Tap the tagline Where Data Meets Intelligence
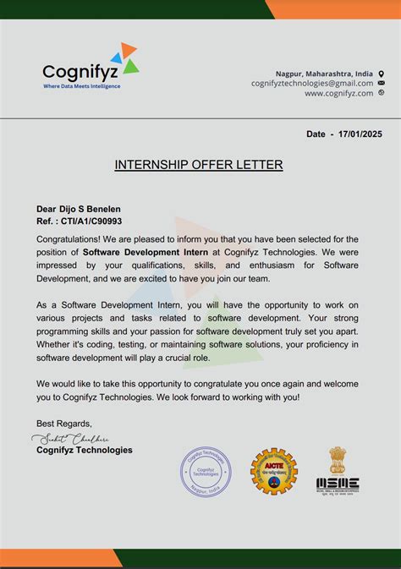[82, 86]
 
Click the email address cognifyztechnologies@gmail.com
[312, 83]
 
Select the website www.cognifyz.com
[338, 93]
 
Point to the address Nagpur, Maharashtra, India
[324, 74]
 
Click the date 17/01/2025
[360, 134]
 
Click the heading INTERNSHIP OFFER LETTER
[199, 164]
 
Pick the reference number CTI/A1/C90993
[91, 220]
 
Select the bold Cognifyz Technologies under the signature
[85, 450]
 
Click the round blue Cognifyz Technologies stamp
[206, 473]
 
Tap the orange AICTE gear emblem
[273, 472]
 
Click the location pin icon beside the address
[382, 74]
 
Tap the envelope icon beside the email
[382, 83]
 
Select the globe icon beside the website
[382, 93]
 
